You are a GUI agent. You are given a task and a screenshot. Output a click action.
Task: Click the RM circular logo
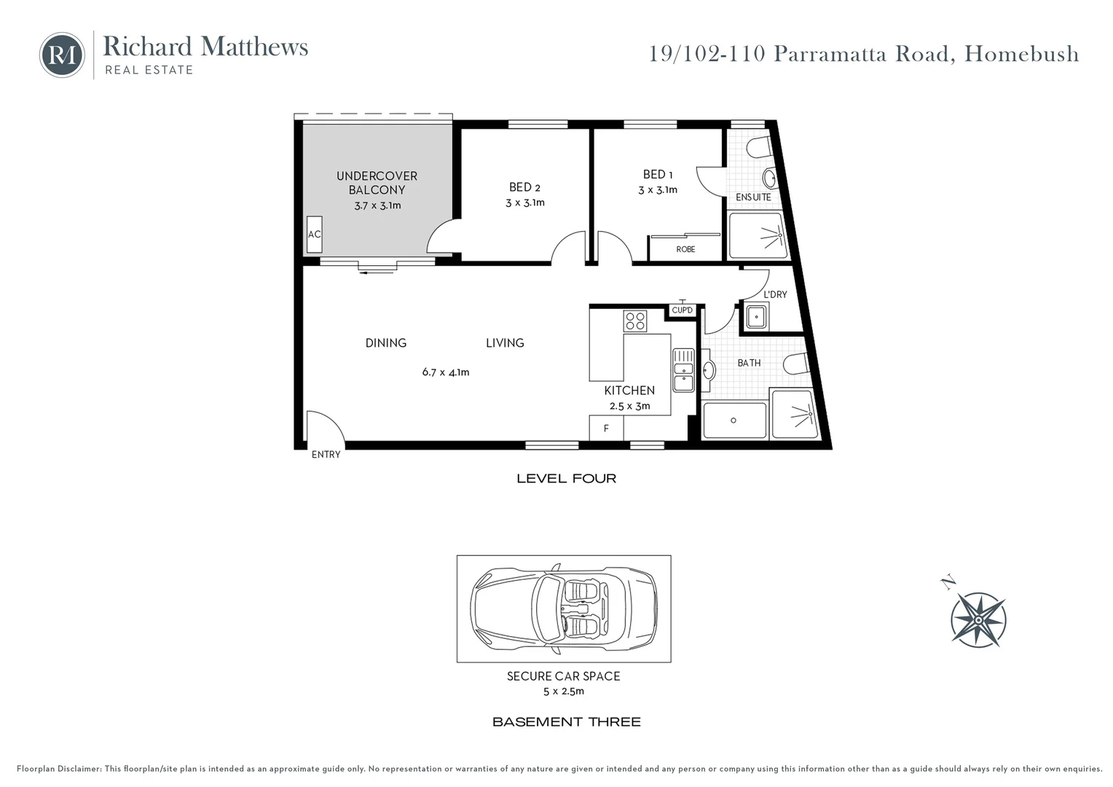[62, 55]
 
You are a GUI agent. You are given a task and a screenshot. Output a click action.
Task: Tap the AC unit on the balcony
[314, 235]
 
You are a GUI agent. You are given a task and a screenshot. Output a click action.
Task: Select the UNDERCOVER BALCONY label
[377, 183]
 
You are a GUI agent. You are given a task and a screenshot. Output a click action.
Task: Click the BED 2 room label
[524, 187]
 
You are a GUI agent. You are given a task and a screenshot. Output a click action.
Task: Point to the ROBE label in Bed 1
[685, 249]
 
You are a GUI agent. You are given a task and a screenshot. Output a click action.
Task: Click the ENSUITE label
[753, 197]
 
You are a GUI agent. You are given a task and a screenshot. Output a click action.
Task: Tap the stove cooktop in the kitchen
[635, 321]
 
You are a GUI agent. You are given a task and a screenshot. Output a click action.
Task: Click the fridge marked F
[606, 428]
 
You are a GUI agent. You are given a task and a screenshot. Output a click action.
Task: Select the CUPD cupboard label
[683, 310]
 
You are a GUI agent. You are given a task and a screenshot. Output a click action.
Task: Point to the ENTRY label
[326, 455]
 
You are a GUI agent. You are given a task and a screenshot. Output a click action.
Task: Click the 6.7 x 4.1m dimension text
[446, 372]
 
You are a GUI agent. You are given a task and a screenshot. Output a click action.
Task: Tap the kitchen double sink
[683, 370]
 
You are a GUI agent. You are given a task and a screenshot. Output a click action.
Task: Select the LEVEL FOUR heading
[566, 479]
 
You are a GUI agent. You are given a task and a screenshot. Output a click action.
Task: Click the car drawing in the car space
[564, 608]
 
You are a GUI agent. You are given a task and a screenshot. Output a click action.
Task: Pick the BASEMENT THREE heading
[566, 722]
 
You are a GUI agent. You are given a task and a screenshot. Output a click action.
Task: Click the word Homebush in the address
[1021, 54]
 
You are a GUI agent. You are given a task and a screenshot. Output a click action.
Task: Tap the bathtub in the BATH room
[734, 420]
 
